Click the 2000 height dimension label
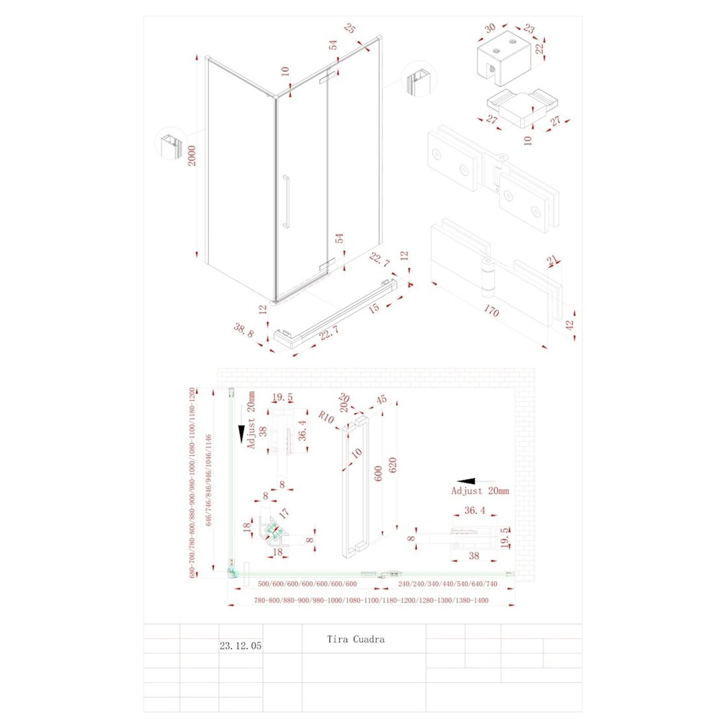[192, 156]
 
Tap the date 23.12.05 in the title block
[240, 646]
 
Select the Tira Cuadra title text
[356, 639]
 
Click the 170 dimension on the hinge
[491, 311]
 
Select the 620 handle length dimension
[393, 465]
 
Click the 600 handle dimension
[378, 473]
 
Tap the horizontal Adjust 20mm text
[480, 491]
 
